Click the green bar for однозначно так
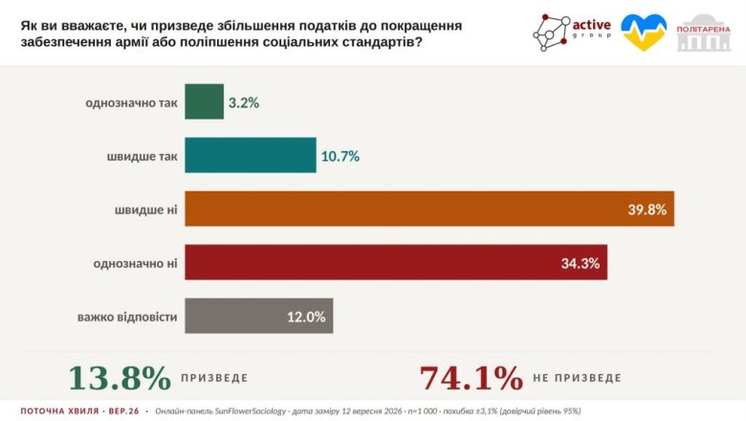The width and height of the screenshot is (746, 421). (x=204, y=101)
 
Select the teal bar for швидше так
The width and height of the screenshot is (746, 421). (x=251, y=155)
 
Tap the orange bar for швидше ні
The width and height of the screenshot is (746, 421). (x=429, y=209)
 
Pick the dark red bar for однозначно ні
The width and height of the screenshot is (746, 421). (x=396, y=262)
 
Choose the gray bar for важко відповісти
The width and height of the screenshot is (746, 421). (x=259, y=316)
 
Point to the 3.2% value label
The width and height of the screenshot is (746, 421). (x=244, y=102)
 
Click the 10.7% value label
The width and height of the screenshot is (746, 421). (x=340, y=156)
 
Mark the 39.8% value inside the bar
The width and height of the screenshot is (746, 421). (x=647, y=210)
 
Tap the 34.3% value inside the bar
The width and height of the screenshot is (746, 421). (x=580, y=263)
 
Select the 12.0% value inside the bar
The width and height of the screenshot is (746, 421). (x=306, y=317)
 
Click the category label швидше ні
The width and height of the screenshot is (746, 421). (x=145, y=210)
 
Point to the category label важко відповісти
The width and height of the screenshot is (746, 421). (x=127, y=317)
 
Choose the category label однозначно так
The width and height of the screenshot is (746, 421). (x=131, y=102)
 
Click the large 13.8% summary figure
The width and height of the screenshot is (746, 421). (x=120, y=378)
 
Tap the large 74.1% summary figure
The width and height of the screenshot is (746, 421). (x=471, y=378)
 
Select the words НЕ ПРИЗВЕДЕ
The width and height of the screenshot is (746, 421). (x=577, y=378)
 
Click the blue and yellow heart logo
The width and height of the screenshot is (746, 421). (x=644, y=33)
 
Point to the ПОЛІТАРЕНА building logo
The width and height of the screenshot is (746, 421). (x=704, y=33)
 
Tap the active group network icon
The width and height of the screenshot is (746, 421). (x=552, y=33)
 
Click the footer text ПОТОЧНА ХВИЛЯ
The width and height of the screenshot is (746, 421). (x=60, y=411)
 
